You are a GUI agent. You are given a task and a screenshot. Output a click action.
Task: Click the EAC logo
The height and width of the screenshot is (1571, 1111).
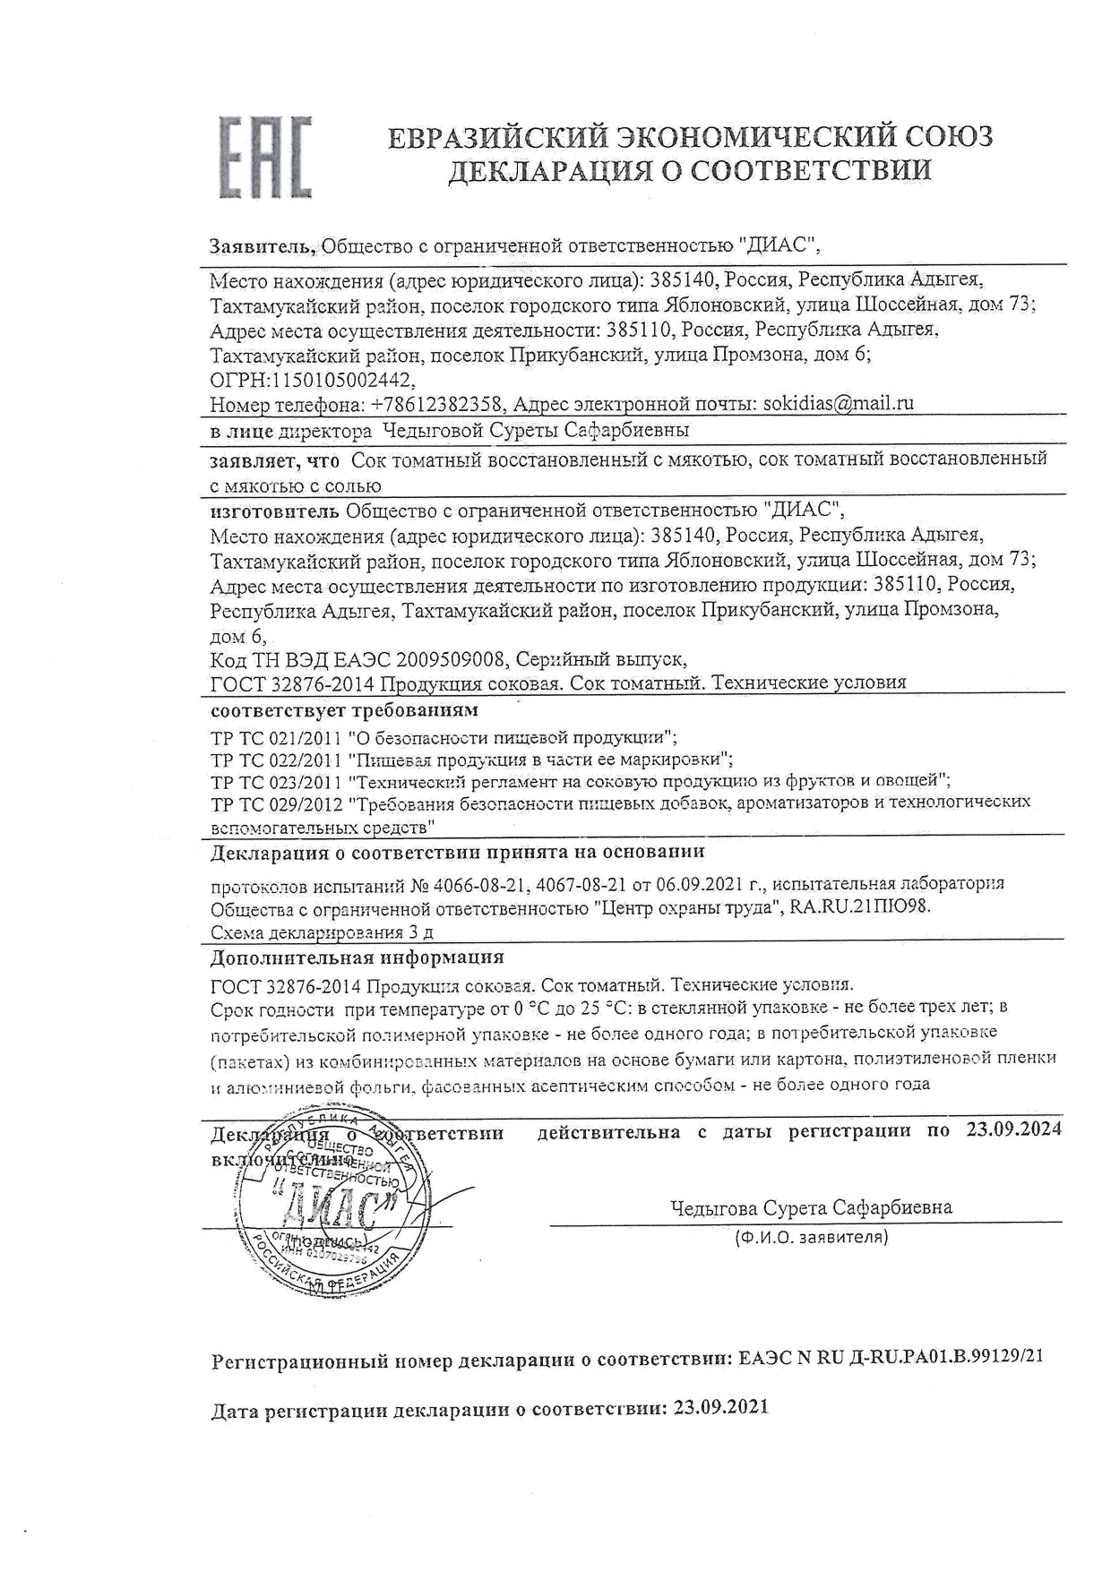point(266,156)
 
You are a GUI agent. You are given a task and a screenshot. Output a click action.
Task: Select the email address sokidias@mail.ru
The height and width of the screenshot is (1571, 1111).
point(838,403)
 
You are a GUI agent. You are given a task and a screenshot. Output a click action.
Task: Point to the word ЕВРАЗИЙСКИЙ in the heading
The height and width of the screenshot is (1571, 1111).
point(497,137)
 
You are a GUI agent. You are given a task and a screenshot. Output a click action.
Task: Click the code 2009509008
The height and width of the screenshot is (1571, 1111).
point(451,660)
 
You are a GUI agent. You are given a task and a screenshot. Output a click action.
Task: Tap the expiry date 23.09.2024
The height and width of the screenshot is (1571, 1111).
point(1013,1129)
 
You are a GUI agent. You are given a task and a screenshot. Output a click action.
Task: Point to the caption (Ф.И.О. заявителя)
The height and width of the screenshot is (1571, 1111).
point(810,1238)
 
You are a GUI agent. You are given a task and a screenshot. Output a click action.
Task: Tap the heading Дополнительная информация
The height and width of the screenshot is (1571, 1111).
point(357,957)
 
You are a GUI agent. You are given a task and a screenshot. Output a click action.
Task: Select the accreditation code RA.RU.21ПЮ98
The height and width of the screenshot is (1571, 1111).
point(859,906)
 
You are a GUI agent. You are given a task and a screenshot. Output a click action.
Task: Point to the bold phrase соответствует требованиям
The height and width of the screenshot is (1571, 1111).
point(344,711)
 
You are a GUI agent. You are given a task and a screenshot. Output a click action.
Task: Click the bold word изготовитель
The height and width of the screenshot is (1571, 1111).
point(274,511)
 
